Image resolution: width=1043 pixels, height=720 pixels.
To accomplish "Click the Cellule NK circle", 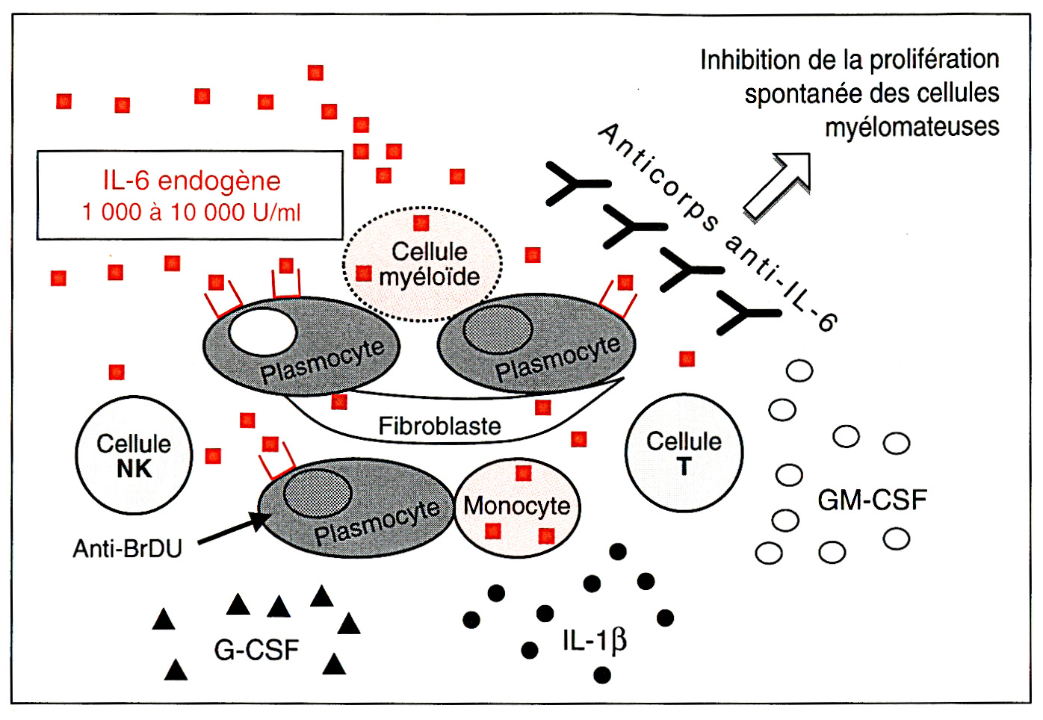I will [134, 456].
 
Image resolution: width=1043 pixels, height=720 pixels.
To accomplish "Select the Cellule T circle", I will [684, 453].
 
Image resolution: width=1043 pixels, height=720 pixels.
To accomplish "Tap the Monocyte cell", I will [517, 506].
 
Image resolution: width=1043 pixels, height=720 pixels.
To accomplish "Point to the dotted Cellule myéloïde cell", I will [423, 264].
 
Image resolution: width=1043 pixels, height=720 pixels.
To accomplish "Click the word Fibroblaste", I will [439, 426].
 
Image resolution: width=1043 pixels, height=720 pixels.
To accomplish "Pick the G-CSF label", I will [256, 650].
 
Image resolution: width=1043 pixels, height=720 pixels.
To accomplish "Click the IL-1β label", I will [594, 640].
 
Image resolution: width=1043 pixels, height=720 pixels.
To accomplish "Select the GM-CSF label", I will [872, 500].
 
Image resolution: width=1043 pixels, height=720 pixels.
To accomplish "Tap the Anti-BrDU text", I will [127, 549].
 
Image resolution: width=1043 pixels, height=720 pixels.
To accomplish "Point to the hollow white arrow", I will [779, 185].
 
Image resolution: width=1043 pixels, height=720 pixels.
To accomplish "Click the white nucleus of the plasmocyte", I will [262, 332].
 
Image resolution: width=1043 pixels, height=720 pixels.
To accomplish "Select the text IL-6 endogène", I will [191, 181].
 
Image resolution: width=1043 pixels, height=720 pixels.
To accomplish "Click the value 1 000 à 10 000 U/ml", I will [191, 212].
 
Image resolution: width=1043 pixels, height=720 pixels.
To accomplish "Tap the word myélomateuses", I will [912, 126].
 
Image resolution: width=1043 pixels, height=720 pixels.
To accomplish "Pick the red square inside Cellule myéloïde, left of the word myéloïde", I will [364, 273].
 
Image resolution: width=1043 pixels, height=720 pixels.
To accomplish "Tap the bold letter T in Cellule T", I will [684, 467].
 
